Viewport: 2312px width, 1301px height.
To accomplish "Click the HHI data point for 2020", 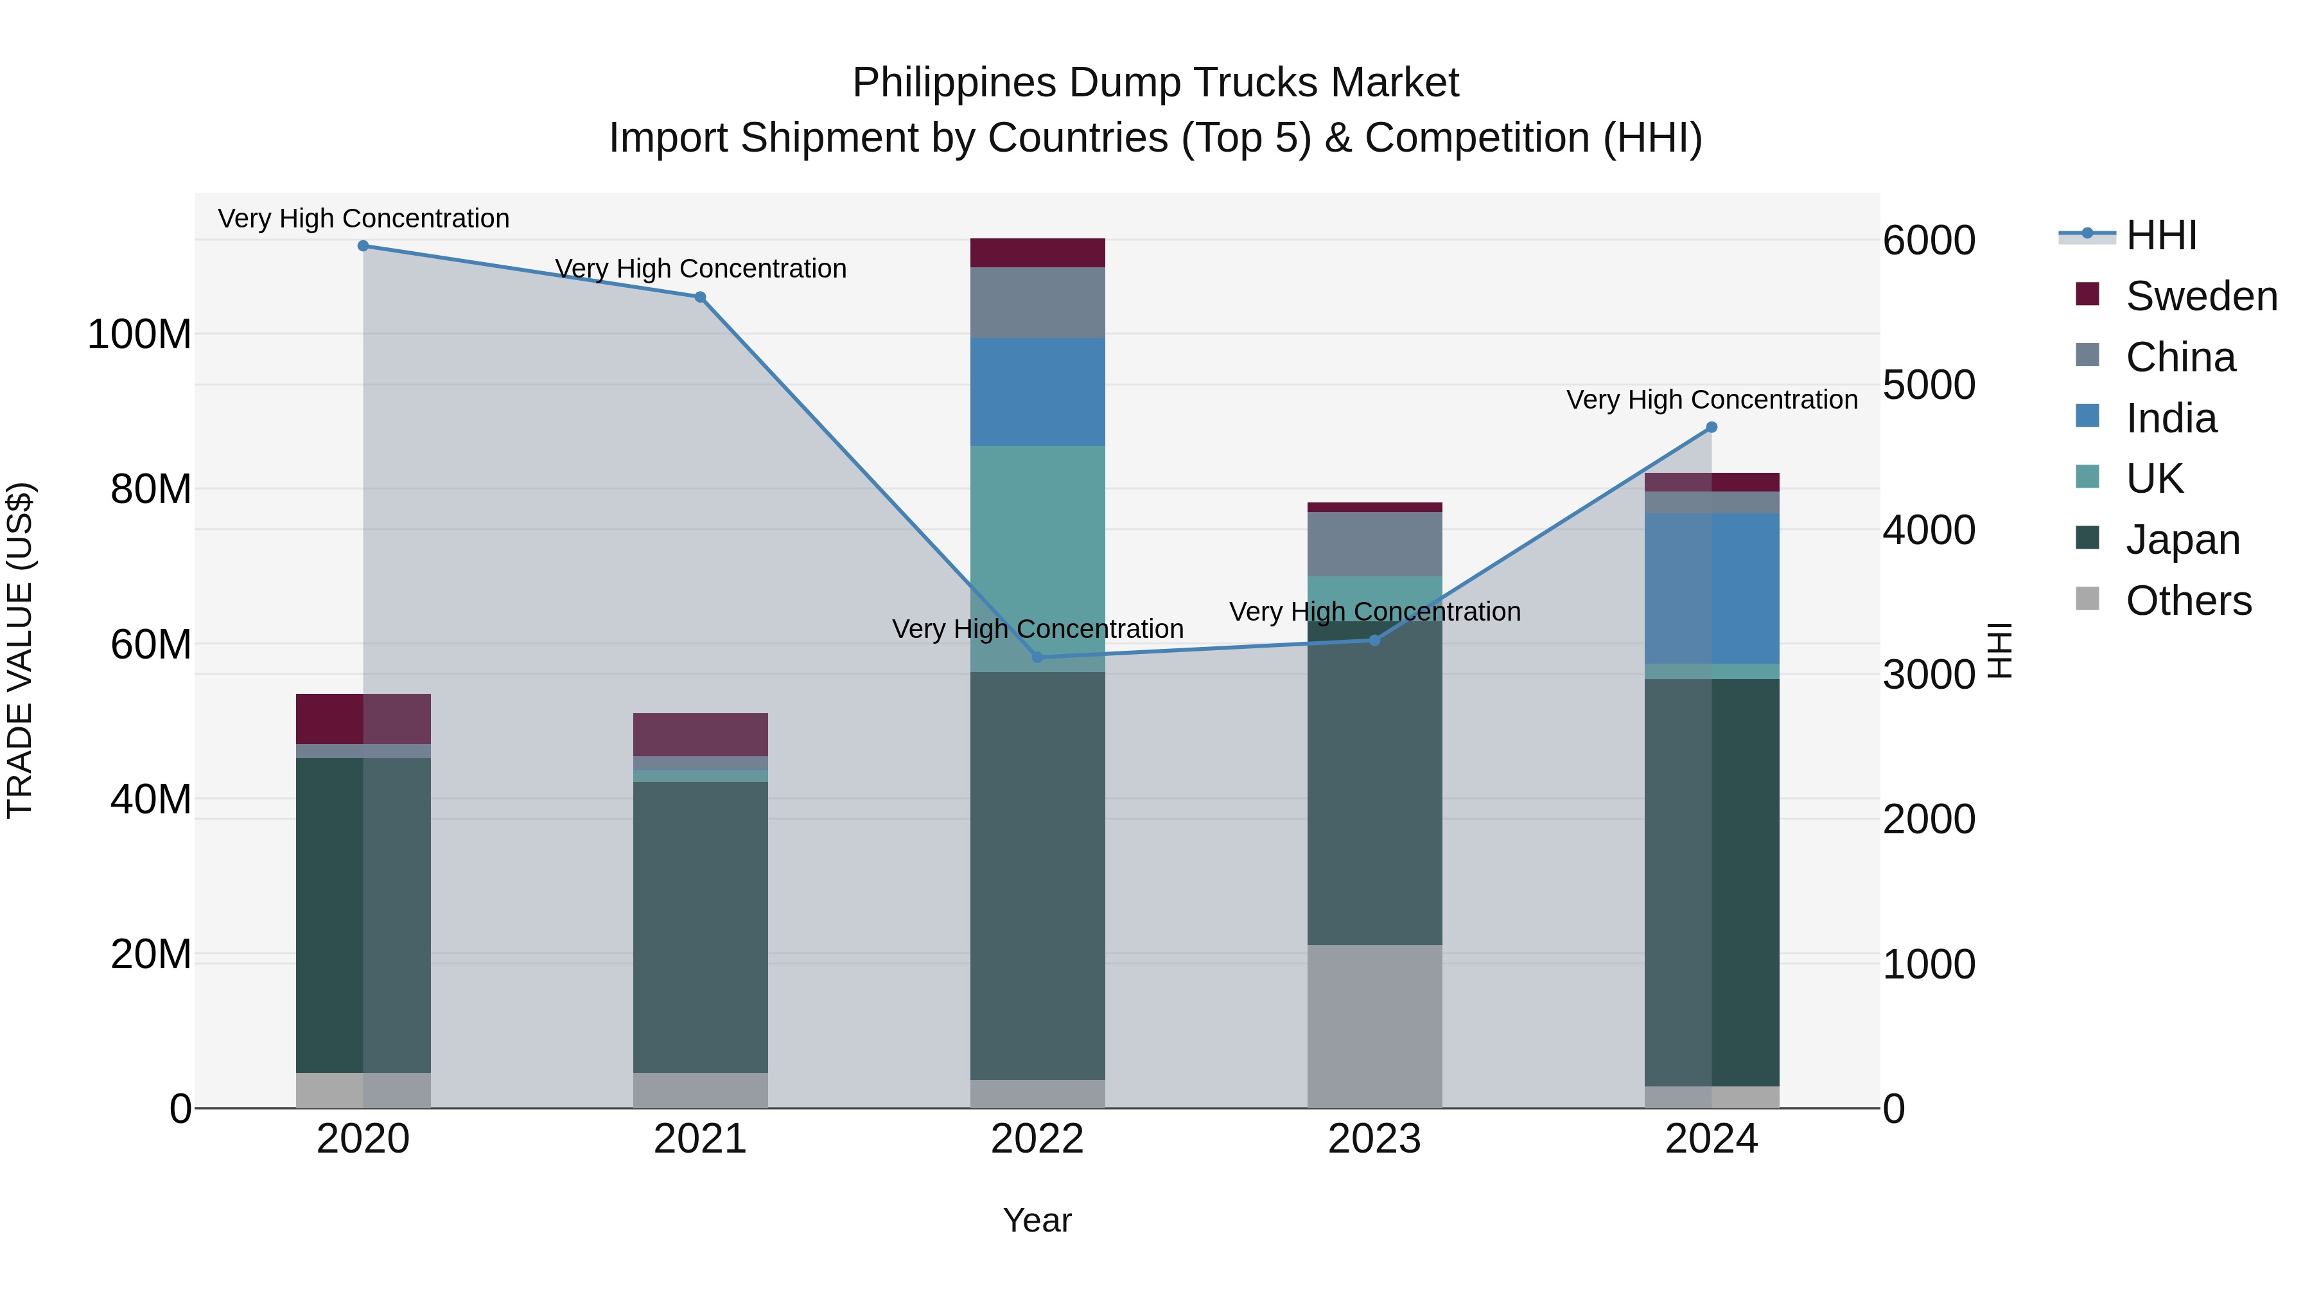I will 363,246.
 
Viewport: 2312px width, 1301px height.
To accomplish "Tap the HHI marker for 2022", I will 1038,657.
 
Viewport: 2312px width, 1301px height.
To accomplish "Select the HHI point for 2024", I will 1712,429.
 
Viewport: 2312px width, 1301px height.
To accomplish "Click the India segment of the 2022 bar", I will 1038,393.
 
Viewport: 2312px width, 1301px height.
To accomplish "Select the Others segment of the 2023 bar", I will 1374,1026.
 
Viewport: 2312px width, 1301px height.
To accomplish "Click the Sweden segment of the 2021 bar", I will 700,734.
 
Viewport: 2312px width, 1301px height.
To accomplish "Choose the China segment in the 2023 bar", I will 1374,544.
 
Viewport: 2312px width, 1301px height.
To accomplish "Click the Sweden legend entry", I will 2201,296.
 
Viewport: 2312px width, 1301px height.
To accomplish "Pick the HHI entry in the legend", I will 2161,235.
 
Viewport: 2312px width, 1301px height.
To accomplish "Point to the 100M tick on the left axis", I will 139,334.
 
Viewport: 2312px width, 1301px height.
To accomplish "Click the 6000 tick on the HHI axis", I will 1929,241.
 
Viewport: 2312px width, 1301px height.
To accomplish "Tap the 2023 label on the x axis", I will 1374,1139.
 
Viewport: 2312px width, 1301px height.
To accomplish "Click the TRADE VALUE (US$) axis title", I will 20,650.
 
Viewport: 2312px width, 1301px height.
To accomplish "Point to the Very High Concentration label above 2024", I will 1712,400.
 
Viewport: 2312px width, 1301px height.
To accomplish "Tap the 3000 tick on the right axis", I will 1929,675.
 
